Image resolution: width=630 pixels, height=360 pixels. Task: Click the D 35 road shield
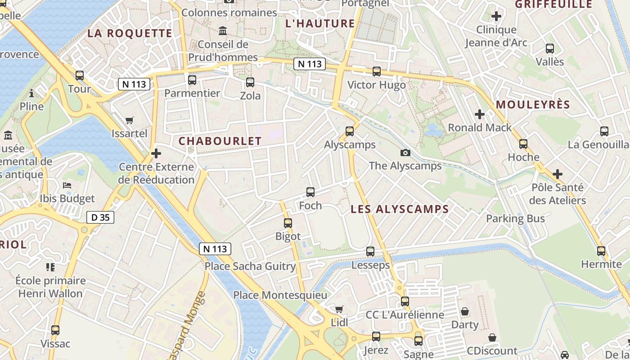tap(100, 218)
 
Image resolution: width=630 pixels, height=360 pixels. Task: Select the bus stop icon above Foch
tap(310, 192)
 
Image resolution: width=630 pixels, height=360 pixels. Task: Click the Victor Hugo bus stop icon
tap(377, 72)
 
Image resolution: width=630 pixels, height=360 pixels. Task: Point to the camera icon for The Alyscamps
tap(405, 153)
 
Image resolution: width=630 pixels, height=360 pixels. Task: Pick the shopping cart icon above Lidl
tap(339, 310)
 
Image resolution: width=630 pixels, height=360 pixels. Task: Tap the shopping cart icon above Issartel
tap(130, 120)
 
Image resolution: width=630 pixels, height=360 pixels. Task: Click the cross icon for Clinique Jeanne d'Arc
tap(496, 17)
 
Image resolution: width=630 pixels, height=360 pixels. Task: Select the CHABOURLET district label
tap(220, 141)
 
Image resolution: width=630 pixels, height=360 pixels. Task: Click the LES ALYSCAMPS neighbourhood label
tap(400, 209)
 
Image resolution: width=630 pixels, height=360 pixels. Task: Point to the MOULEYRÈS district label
tap(533, 105)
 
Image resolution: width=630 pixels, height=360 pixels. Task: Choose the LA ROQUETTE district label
tap(130, 33)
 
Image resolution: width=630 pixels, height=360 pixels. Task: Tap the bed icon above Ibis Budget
tap(67, 185)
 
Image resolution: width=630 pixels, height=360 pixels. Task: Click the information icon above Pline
tap(31, 94)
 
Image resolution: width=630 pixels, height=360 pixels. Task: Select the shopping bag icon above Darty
tap(465, 311)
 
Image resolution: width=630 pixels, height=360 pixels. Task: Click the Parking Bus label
tap(515, 219)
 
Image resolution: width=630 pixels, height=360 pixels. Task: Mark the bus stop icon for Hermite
tap(601, 251)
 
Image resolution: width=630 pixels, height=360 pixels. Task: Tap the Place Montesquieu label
tap(280, 295)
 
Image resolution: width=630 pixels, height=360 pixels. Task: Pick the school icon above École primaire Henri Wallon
tap(50, 267)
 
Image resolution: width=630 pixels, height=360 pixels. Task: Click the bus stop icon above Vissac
tap(55, 330)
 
